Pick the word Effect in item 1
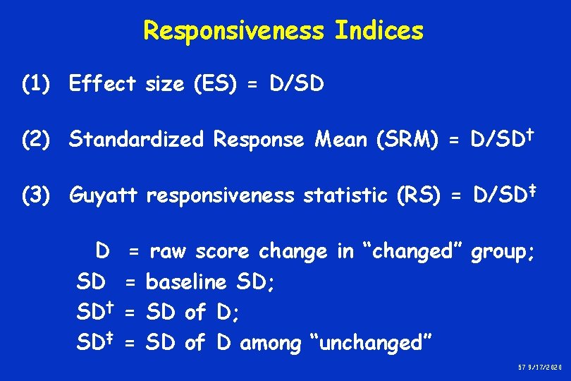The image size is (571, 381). (x=103, y=85)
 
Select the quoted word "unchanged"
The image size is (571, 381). (x=371, y=344)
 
